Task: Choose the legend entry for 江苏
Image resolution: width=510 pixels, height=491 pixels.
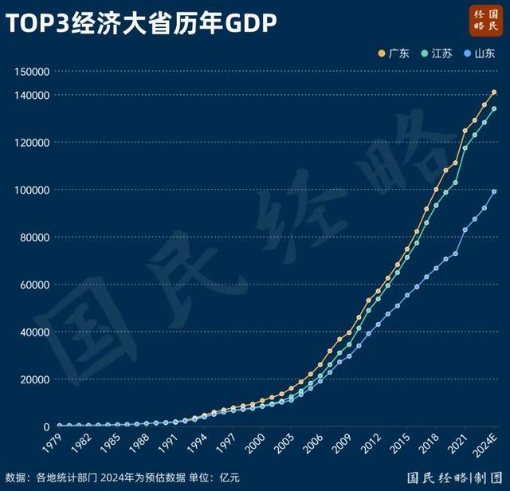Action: click(x=436, y=54)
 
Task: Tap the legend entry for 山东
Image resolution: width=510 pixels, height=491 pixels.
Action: click(x=479, y=54)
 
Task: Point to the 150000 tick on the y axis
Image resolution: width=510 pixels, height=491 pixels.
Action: click(x=33, y=72)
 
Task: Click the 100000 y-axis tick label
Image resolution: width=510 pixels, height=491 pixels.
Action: click(x=33, y=190)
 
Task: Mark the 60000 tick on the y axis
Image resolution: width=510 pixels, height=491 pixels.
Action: click(x=35, y=285)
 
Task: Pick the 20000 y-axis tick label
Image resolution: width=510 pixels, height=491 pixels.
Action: click(x=35, y=379)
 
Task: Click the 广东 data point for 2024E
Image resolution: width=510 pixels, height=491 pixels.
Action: click(x=494, y=92)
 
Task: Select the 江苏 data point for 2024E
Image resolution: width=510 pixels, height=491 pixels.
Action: click(x=494, y=109)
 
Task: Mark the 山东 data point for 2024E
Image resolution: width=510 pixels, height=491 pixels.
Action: click(x=494, y=191)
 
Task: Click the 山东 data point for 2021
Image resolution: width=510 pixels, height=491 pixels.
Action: click(x=465, y=230)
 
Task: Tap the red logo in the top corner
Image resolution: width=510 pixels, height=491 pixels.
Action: click(x=485, y=20)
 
